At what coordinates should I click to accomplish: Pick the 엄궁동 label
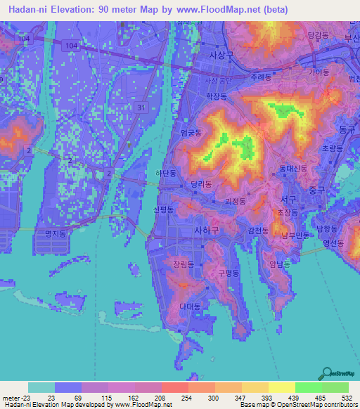point(191,132)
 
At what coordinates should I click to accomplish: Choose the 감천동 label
point(259,230)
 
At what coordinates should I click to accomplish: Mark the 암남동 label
point(279,265)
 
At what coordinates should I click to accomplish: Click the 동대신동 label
point(292,169)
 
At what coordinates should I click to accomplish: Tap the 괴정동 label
point(235,201)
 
